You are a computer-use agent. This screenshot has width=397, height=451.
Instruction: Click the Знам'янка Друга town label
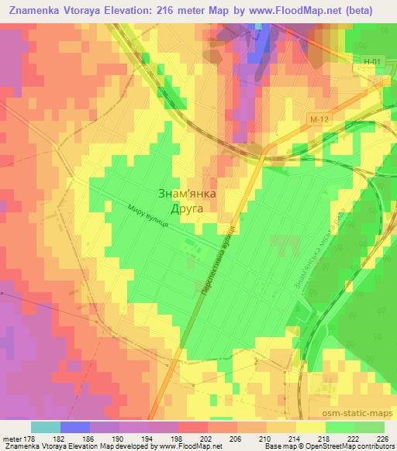pos(186,201)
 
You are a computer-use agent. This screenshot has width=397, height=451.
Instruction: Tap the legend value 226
pos(382,438)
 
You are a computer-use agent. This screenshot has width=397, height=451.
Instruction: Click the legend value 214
pos(294,438)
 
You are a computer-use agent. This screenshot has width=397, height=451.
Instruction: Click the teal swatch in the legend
pos(46,427)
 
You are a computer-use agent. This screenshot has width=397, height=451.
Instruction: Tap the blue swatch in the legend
pos(74,427)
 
